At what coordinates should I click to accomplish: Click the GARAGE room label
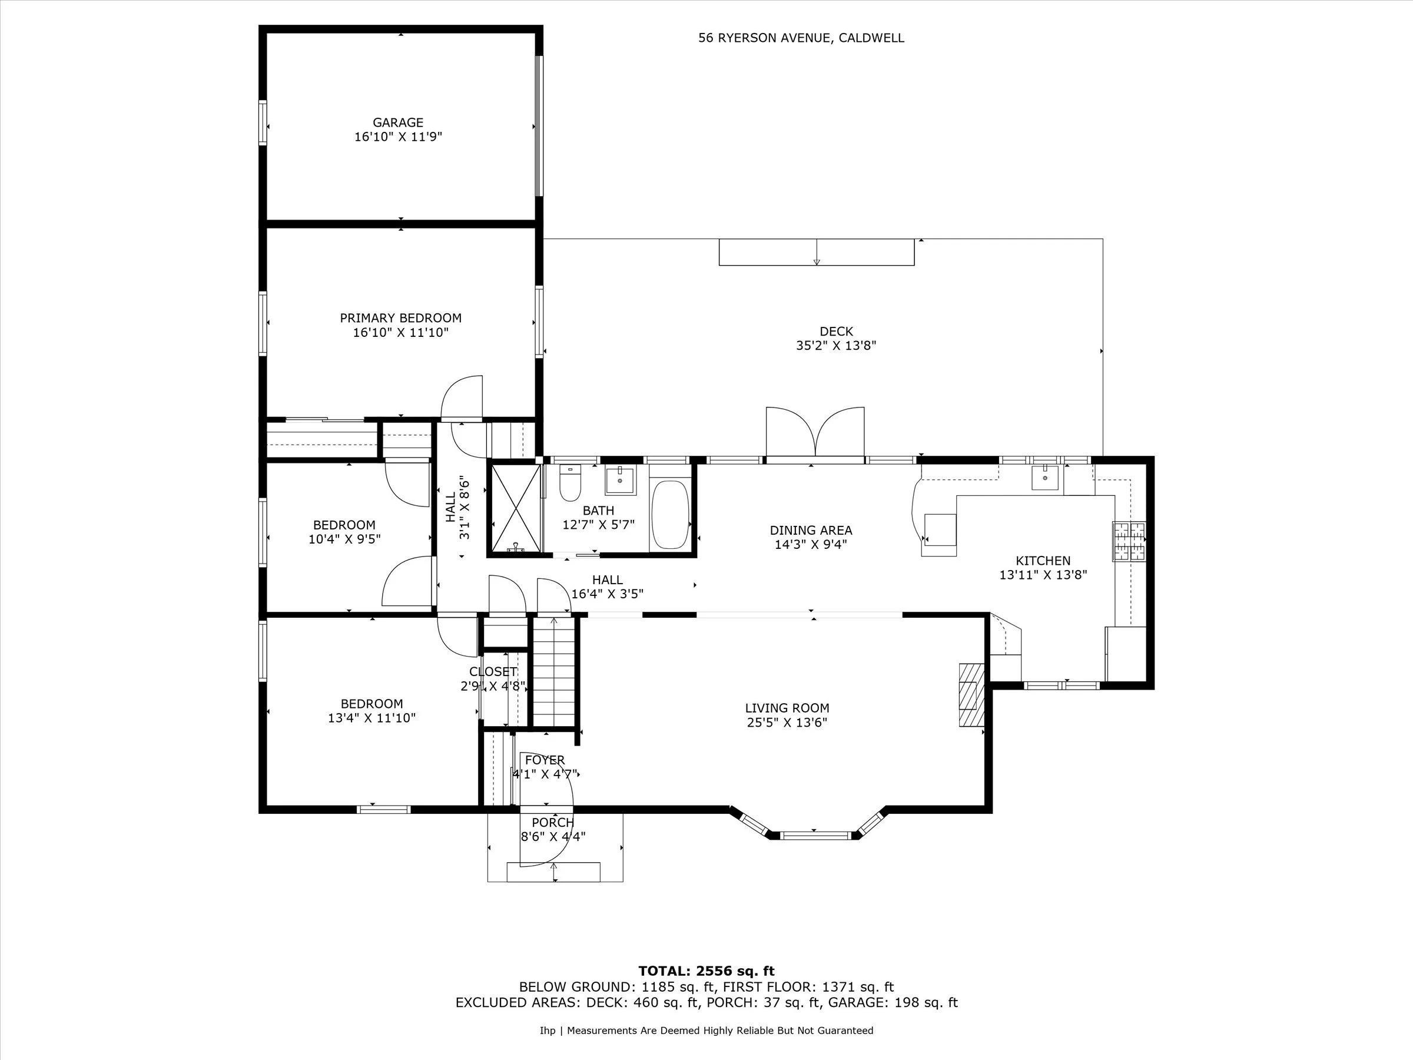coord(398,122)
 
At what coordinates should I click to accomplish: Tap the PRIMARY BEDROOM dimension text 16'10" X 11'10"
coord(400,332)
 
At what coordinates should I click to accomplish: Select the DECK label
coord(835,331)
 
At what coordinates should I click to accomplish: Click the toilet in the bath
coord(569,484)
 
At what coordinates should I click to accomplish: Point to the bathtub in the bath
coord(669,515)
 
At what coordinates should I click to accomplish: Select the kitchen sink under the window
coord(1045,477)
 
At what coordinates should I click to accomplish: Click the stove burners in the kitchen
coord(1129,542)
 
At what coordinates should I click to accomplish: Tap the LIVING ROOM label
coord(787,708)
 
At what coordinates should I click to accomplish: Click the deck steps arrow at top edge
coord(817,253)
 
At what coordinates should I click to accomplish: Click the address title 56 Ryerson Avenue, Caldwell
coord(801,38)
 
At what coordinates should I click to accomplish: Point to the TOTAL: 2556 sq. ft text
coord(706,971)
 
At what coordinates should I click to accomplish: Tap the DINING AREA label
coord(811,531)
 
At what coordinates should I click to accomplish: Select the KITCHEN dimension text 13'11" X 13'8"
coord(1043,575)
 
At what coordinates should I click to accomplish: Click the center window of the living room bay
coord(815,835)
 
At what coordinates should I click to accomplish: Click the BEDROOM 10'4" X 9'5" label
coord(344,525)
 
